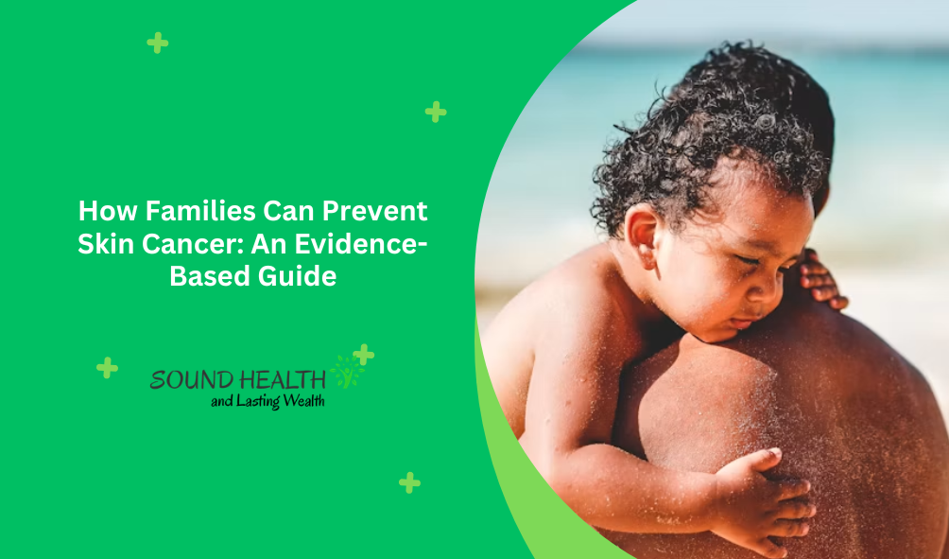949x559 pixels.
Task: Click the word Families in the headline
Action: (200, 211)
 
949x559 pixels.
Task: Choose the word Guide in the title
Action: (297, 277)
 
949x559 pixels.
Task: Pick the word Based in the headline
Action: (210, 277)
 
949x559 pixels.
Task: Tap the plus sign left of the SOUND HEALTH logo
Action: (107, 368)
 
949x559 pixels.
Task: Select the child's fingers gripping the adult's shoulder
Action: (821, 281)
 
